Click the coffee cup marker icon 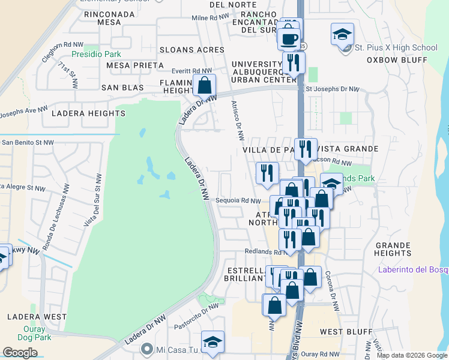[x=288, y=38]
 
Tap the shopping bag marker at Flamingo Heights [x=205, y=85]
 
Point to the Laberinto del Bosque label [x=414, y=269]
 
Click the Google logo [x=20, y=353]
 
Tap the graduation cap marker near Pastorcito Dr [x=212, y=342]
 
